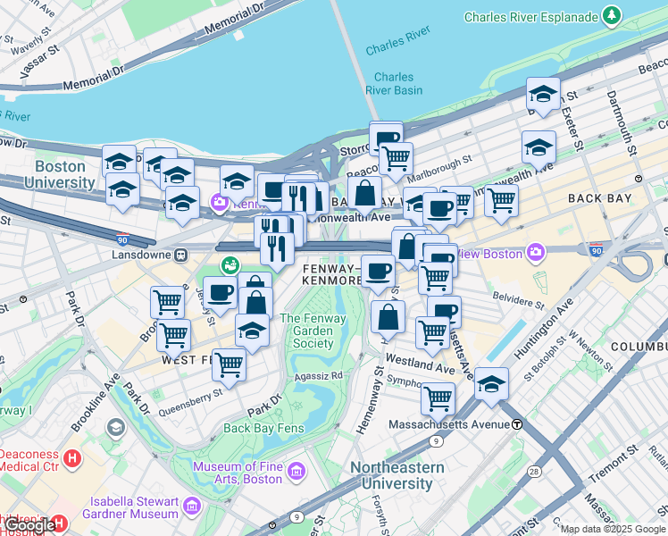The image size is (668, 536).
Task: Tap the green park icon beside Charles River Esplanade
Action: point(611,15)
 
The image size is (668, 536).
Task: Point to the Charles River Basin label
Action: point(394,83)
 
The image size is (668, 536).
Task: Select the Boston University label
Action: point(61,174)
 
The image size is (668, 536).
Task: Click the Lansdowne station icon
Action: point(181,255)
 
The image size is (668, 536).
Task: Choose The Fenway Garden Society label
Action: point(307,331)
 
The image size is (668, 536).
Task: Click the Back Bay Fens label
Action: point(263,428)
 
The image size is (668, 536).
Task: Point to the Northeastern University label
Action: point(397,475)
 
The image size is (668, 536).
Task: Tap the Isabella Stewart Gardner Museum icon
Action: point(191,507)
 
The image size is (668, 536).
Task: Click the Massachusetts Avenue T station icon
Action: point(517,423)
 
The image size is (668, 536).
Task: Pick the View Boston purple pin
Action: point(534,253)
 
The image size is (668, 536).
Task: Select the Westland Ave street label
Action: point(428,366)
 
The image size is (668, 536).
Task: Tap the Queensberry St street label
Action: point(189,401)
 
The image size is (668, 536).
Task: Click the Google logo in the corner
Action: point(29,525)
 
